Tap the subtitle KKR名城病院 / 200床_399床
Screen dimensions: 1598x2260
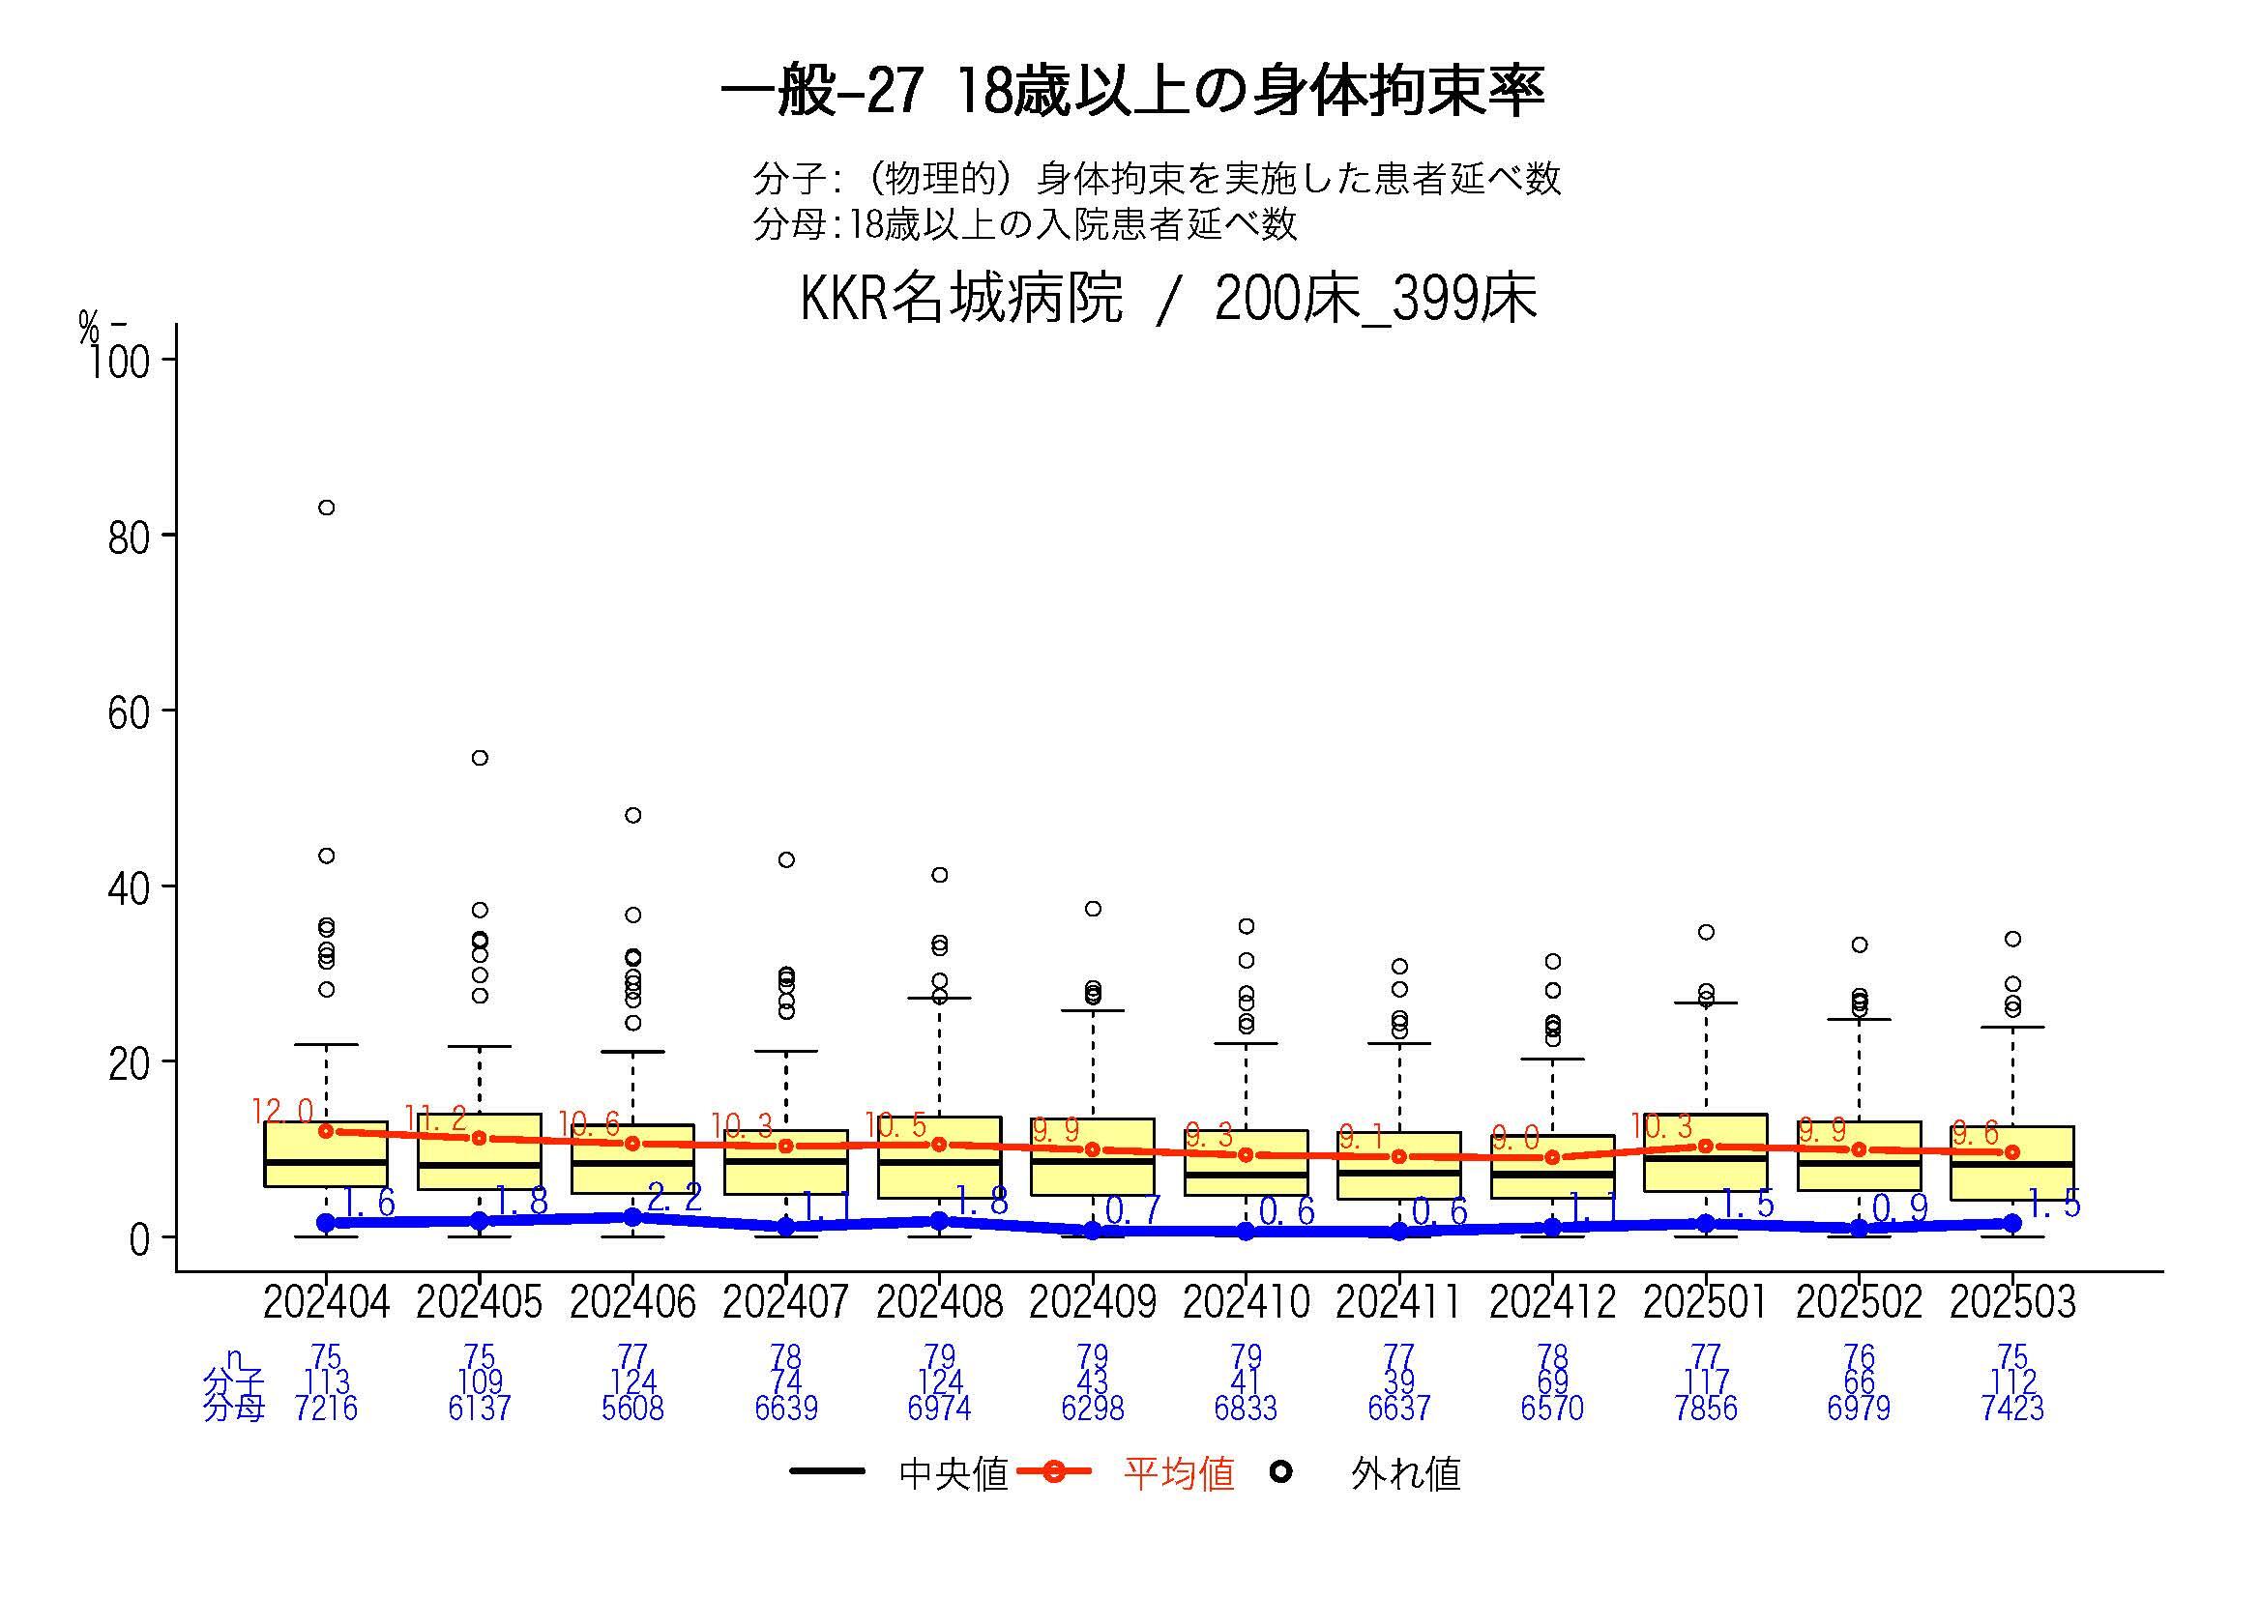pyautogui.click(x=1167, y=298)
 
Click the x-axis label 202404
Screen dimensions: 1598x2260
pyautogui.click(x=326, y=1303)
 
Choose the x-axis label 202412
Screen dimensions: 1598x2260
pyautogui.click(x=1552, y=1303)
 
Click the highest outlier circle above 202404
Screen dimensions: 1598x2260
pyautogui.click(x=326, y=508)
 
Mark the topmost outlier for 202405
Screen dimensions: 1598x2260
pyautogui.click(x=480, y=758)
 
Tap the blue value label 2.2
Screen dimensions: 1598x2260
pyautogui.click(x=675, y=1198)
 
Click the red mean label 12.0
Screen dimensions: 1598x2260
pyautogui.click(x=281, y=1112)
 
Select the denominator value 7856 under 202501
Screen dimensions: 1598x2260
pyautogui.click(x=1706, y=1409)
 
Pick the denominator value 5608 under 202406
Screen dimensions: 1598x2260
pyautogui.click(x=632, y=1409)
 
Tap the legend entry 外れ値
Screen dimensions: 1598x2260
pyautogui.click(x=1404, y=1474)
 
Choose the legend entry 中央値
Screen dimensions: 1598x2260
pyautogui.click(x=953, y=1474)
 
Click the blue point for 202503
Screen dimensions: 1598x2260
pyautogui.click(x=2011, y=1222)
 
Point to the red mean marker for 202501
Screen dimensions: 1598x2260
pyautogui.click(x=1706, y=1146)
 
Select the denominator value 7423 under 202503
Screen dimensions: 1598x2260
pyautogui.click(x=2011, y=1409)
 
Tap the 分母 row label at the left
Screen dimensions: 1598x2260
pyautogui.click(x=233, y=1409)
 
